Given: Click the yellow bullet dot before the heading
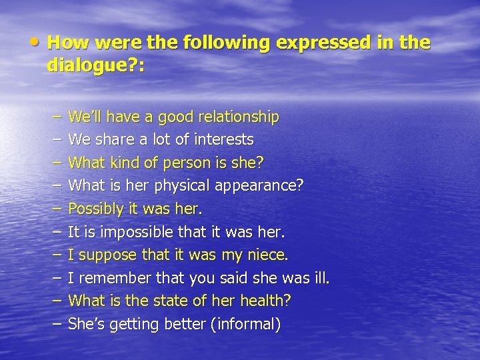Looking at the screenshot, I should (x=38, y=41).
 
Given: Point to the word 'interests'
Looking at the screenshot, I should (x=224, y=140).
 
